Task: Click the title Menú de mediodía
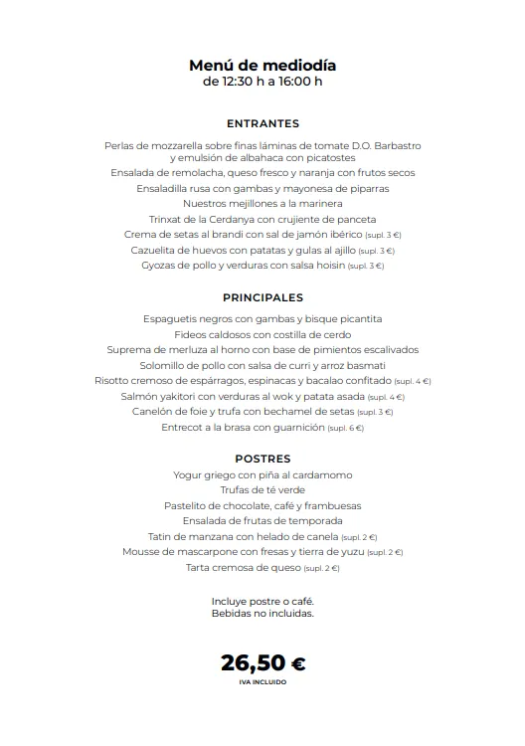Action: coord(262,66)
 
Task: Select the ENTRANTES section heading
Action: coord(262,124)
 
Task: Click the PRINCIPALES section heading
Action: coord(262,297)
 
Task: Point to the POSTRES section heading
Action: coord(262,459)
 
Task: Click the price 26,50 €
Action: coord(262,662)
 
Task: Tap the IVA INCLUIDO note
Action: coord(262,683)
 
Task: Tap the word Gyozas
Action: coord(161,266)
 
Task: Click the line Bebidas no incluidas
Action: coord(262,614)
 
